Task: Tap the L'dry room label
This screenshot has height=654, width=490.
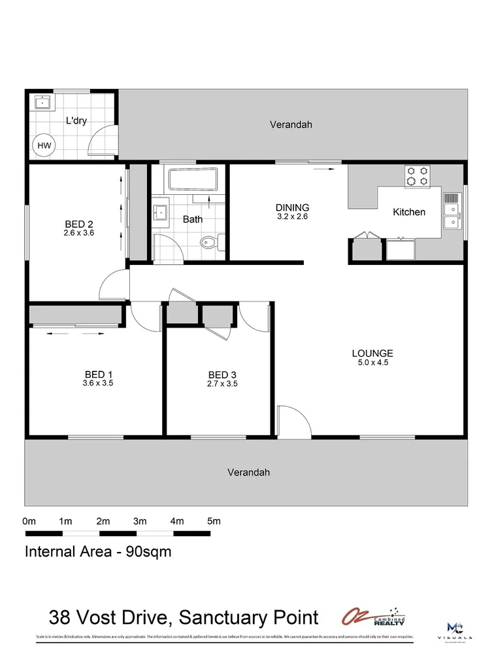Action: coord(76,120)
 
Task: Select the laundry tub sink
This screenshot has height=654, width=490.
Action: coord(42,102)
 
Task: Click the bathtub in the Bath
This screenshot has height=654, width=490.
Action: coord(192,179)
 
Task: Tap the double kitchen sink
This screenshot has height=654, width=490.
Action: coord(452,216)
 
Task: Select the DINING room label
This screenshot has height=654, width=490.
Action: coord(291,208)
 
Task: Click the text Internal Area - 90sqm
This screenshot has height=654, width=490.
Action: coord(98,551)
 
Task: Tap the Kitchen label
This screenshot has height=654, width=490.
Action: coord(409,212)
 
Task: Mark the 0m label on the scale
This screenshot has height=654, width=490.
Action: coord(29,521)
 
